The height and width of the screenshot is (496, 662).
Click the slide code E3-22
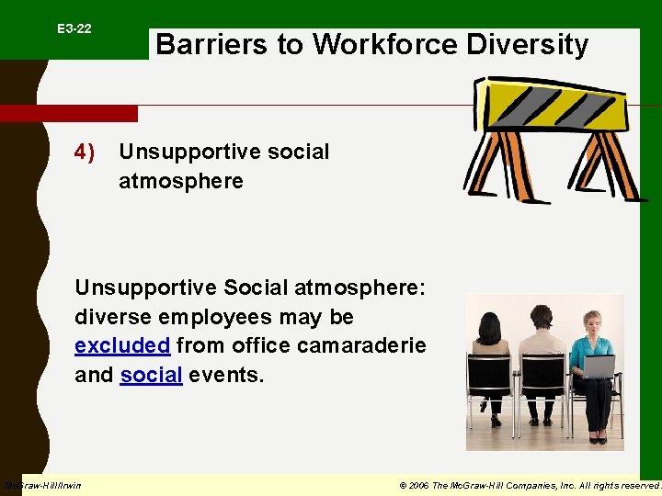74,29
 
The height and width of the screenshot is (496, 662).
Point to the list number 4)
86,152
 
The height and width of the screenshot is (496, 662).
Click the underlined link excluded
122,346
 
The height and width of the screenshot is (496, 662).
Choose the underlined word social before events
151,376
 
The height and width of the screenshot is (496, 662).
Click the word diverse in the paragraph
115,317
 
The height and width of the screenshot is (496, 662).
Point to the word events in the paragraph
226,376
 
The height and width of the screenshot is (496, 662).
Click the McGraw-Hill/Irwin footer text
42,485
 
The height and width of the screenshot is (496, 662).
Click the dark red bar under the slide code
69,113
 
